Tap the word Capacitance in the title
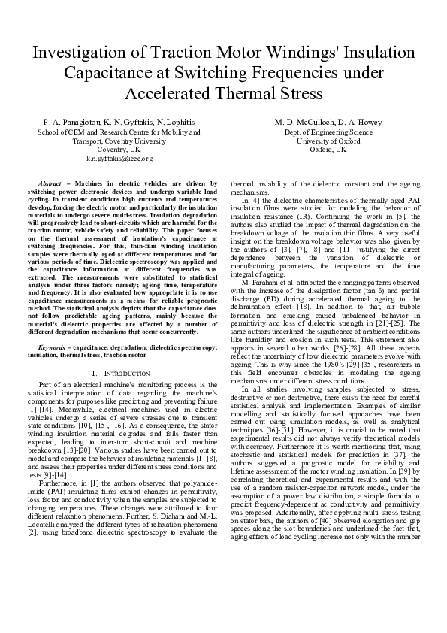[x=109, y=74]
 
